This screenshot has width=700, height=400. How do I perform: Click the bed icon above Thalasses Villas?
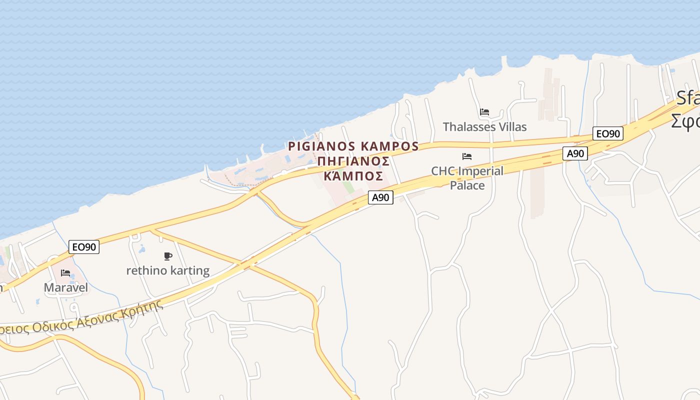tap(484, 112)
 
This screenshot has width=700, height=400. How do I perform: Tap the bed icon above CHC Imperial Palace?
tap(467, 156)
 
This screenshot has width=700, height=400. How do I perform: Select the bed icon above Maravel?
tap(65, 273)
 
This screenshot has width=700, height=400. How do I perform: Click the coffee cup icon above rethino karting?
tap(168, 256)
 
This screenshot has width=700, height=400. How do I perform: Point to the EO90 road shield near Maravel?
tap(84, 246)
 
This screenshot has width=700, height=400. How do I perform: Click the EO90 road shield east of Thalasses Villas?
tap(608, 133)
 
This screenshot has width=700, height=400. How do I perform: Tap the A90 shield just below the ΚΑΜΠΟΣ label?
tap(380, 197)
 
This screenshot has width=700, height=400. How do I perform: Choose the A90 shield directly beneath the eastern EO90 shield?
tap(575, 153)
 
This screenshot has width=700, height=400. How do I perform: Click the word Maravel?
tap(65, 287)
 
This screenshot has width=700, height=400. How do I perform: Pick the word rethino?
tap(142, 271)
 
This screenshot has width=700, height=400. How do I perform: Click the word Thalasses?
tap(467, 127)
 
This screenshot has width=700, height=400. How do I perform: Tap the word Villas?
tap(511, 127)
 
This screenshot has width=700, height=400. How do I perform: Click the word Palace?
tap(467, 185)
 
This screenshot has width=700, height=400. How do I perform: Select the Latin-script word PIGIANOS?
tap(322, 146)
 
